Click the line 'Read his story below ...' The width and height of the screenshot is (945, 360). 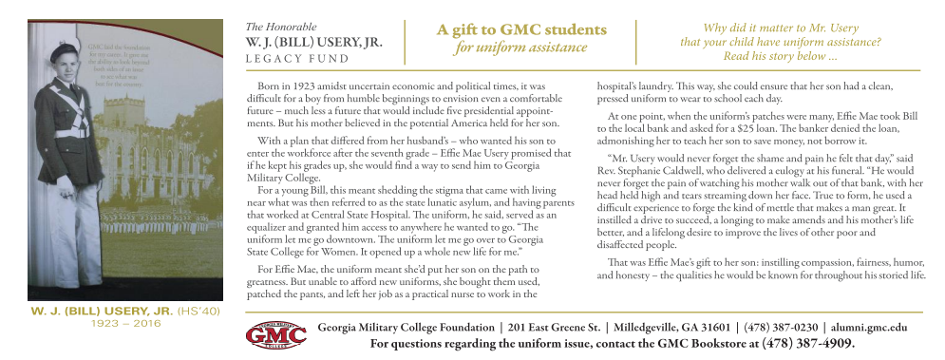[x=779, y=57]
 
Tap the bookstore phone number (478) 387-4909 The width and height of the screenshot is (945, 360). [x=808, y=344]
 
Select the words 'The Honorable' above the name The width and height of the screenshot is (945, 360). [x=281, y=27]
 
